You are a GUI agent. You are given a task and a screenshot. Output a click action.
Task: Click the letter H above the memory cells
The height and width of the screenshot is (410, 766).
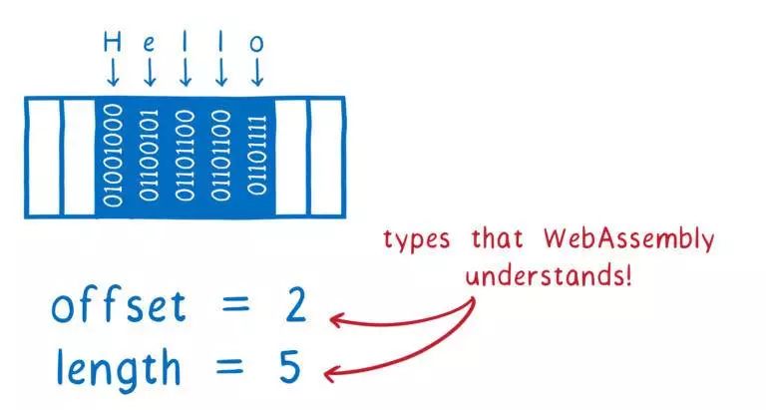(x=113, y=43)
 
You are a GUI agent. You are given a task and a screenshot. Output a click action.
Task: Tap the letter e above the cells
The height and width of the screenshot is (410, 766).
(x=149, y=44)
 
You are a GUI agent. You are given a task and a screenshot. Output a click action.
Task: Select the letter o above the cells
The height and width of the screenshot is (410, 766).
(x=256, y=44)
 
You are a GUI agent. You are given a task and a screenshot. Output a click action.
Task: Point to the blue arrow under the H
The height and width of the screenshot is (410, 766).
(x=113, y=72)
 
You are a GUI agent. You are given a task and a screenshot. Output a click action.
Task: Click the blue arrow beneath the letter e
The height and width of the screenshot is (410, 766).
(x=149, y=72)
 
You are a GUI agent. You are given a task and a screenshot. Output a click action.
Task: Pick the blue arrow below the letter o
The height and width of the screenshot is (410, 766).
(x=256, y=72)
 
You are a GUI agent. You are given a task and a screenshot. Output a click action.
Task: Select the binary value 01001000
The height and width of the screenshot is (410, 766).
(x=113, y=155)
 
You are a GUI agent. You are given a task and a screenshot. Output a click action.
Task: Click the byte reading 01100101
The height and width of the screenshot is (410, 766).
(x=149, y=155)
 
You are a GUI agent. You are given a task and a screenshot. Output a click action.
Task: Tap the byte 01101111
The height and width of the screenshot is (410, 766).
(x=256, y=155)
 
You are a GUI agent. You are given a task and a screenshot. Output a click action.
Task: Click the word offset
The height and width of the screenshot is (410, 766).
(x=118, y=306)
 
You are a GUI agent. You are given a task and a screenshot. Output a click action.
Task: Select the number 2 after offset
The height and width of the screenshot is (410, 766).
(x=296, y=307)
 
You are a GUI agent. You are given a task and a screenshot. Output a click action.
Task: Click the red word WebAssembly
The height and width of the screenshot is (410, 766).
(x=628, y=239)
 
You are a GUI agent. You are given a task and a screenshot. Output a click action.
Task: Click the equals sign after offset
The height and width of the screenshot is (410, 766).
(x=233, y=308)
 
